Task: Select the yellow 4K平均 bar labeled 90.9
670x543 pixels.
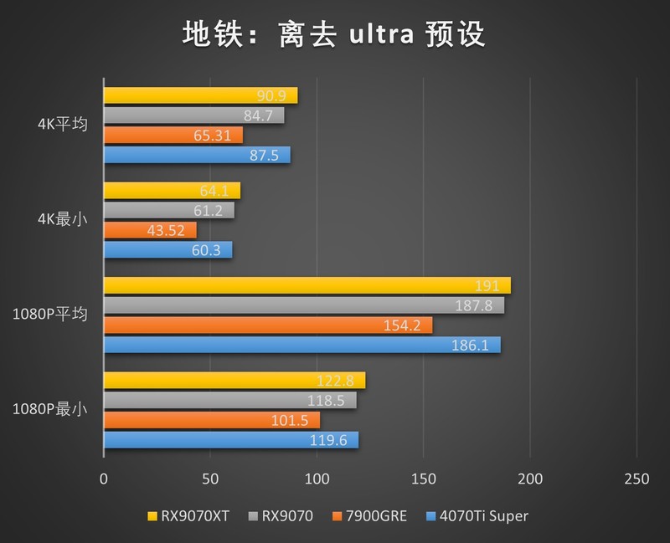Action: (x=200, y=95)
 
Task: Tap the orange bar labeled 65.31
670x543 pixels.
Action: (x=173, y=135)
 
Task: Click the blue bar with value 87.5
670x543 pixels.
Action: (x=197, y=155)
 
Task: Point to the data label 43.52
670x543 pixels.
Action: (x=167, y=230)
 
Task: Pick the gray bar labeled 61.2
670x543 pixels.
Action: (x=168, y=210)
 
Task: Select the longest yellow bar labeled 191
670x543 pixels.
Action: (x=307, y=285)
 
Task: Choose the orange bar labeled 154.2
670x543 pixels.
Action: (x=267, y=325)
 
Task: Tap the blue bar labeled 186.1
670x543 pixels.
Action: (x=301, y=345)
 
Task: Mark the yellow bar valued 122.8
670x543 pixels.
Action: (x=234, y=381)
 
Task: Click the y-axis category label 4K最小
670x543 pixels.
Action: (x=60, y=220)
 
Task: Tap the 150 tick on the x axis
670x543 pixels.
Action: (x=424, y=479)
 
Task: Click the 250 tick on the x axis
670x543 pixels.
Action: (x=637, y=479)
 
